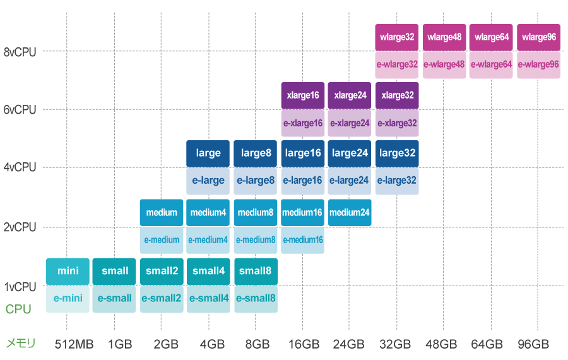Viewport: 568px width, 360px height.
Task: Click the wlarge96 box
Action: click(538, 37)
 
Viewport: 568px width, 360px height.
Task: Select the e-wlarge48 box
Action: click(444, 64)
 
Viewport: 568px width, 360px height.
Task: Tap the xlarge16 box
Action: click(302, 95)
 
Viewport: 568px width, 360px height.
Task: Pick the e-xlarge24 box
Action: click(350, 123)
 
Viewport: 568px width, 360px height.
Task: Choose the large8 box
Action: click(256, 153)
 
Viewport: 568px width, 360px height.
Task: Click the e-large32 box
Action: click(397, 181)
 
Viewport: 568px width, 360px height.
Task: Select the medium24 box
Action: click(350, 212)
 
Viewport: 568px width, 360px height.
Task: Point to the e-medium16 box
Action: click(302, 240)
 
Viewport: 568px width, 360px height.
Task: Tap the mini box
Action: click(68, 272)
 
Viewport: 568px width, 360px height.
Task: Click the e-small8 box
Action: click(256, 299)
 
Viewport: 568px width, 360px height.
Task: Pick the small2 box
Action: click(162, 272)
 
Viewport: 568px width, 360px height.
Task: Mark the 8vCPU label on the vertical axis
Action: click(20, 52)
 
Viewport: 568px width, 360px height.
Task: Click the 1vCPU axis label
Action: click(20, 287)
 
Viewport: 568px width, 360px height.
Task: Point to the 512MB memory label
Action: click(74, 345)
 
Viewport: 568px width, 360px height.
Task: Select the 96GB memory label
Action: click(533, 345)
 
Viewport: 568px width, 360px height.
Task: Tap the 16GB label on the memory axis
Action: click(303, 345)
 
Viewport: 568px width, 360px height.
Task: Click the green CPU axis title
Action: click(18, 309)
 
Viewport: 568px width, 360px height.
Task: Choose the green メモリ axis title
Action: click(20, 344)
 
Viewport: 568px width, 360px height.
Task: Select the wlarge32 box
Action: click(397, 37)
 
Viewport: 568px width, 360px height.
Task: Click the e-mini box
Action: click(68, 299)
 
